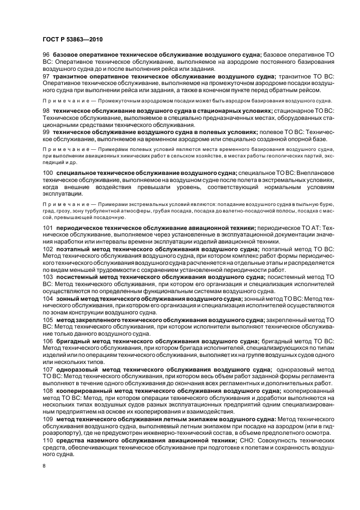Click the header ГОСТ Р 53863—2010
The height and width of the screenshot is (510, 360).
point(73,39)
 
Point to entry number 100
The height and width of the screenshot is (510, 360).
point(48,173)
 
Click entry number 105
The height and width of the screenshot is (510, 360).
point(48,319)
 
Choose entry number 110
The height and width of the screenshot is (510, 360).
point(48,440)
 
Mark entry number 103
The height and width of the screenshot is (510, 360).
point(48,277)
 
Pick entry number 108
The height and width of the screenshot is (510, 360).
point(48,391)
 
